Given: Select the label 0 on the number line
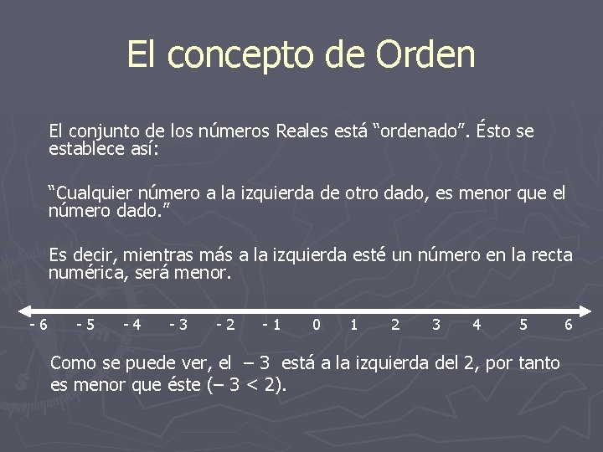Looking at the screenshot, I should point(315,325).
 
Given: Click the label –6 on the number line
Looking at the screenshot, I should point(38,325).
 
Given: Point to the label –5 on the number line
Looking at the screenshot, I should point(85,325).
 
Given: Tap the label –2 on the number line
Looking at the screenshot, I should point(224,325).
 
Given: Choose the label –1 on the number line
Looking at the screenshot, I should point(271,325).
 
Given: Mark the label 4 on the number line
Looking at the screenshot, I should point(477,325).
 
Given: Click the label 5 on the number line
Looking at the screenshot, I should point(523,325).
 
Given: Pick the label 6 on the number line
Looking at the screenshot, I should point(569,325).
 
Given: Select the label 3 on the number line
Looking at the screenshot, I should point(435,325).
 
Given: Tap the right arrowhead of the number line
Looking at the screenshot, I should point(583,309).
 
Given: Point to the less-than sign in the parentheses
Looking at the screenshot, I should point(252,386).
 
